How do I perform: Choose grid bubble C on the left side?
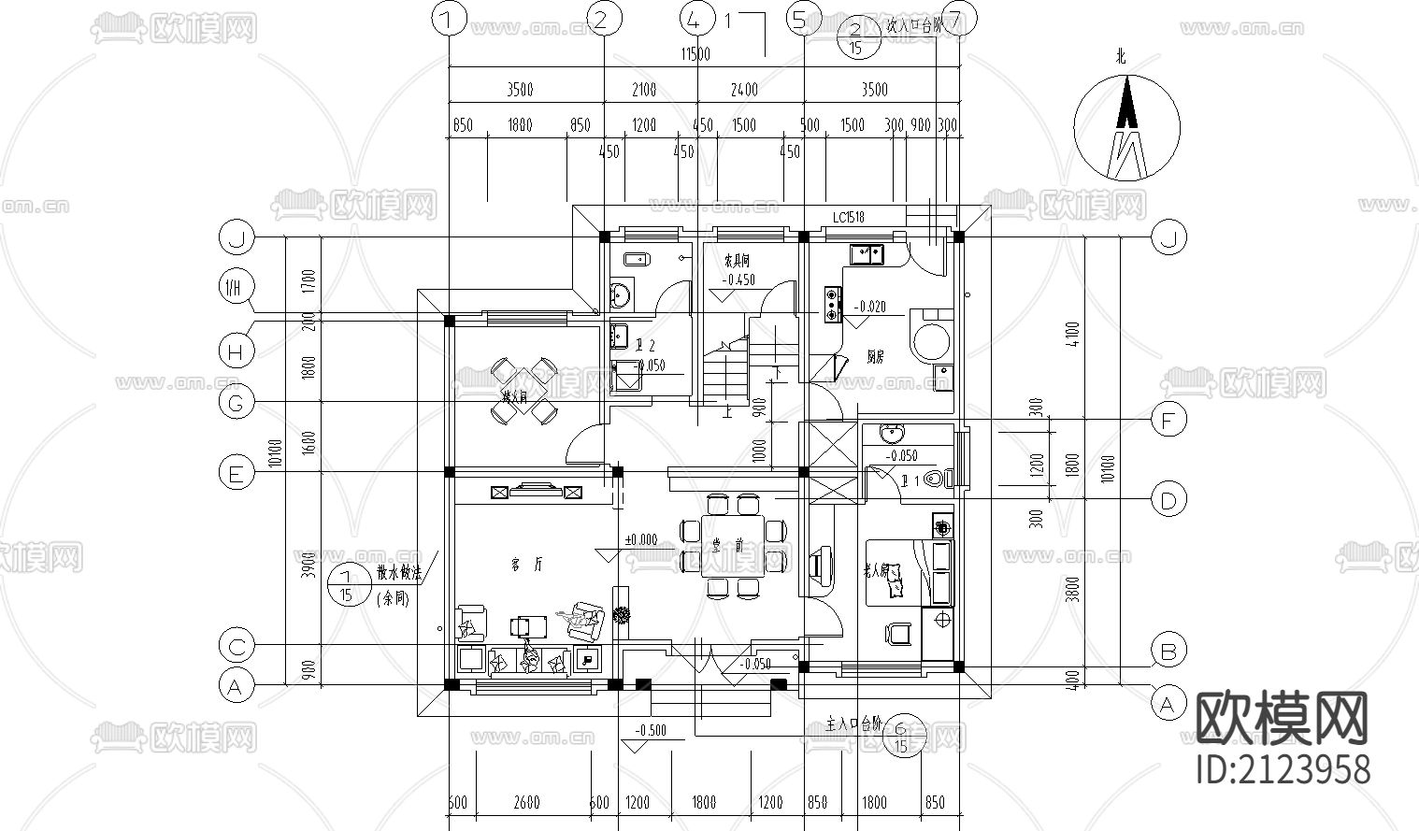click(236, 646)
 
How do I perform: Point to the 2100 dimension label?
click(643, 90)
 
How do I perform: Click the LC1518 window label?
click(848, 218)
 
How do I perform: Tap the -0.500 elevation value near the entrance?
click(650, 730)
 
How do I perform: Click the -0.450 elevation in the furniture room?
click(738, 279)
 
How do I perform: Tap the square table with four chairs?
click(523, 390)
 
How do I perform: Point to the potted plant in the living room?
click(621, 615)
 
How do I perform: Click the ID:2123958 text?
click(1283, 768)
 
